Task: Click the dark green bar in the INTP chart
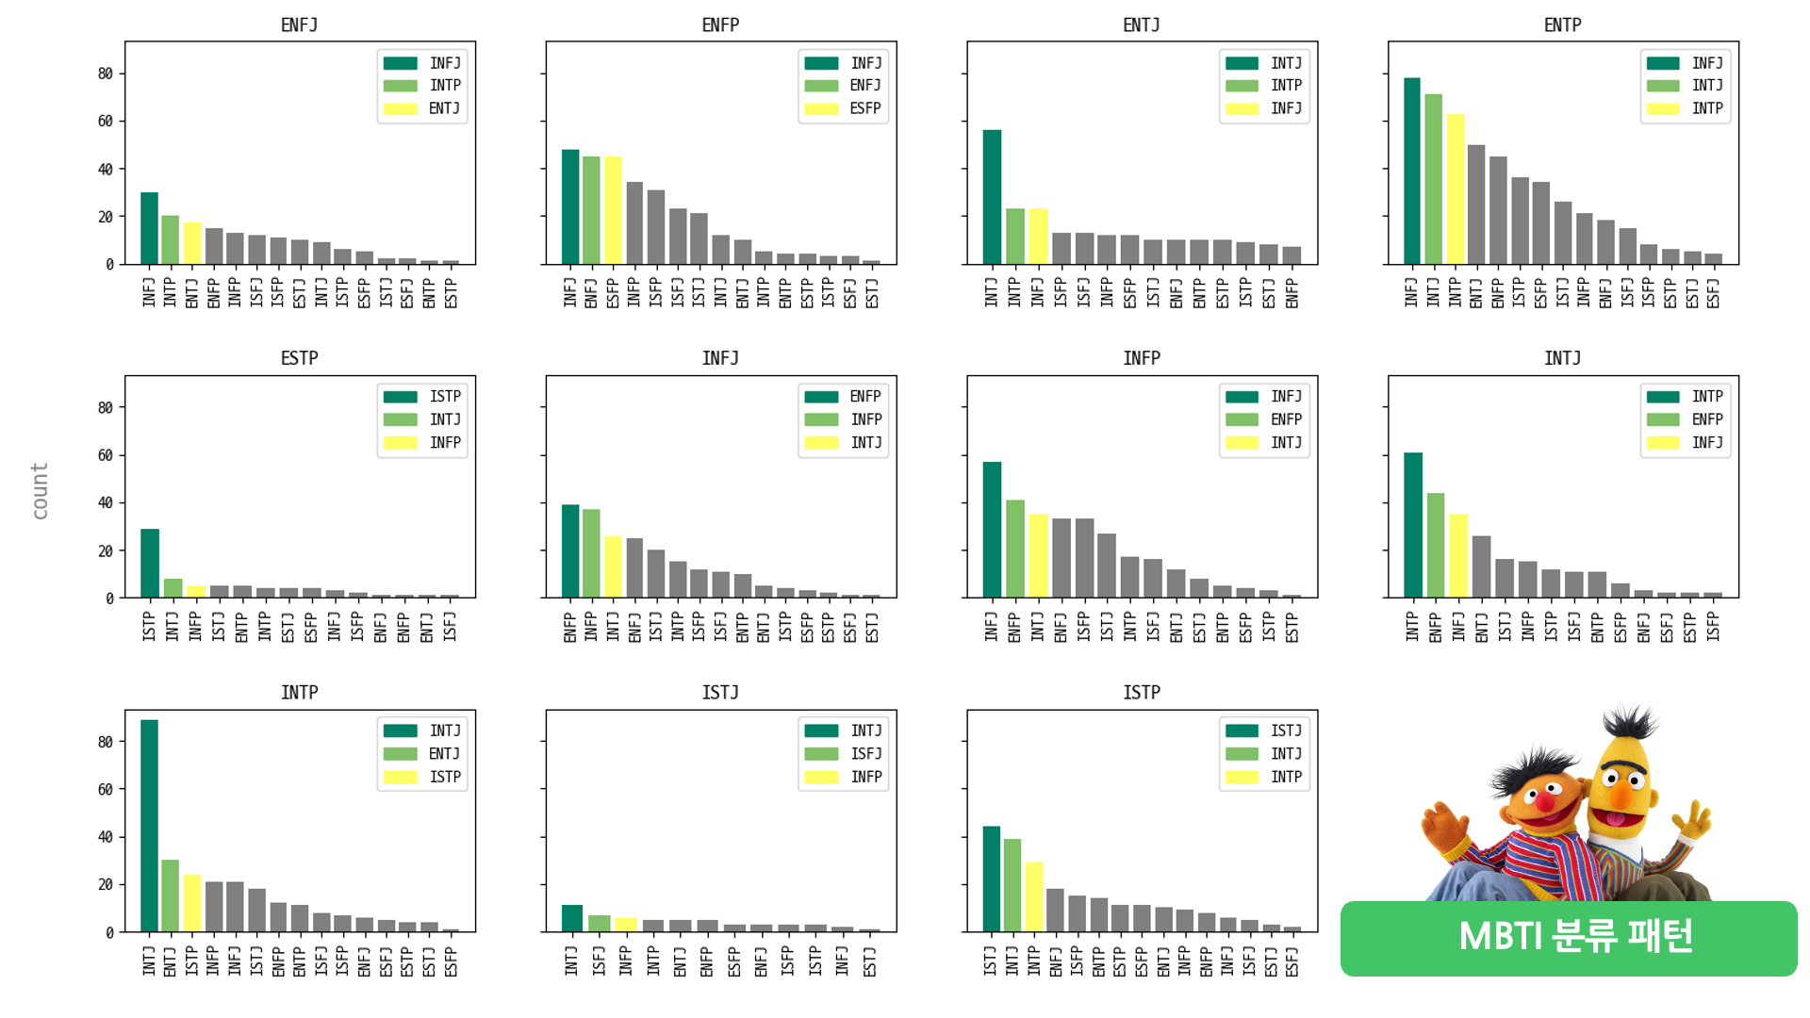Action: (x=149, y=826)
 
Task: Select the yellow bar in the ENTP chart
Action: (x=1455, y=189)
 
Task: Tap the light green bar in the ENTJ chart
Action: (x=1014, y=236)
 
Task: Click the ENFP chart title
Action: (x=720, y=25)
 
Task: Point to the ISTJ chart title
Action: (x=720, y=693)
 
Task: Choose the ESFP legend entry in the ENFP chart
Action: (x=864, y=108)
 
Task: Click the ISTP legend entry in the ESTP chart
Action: (x=444, y=397)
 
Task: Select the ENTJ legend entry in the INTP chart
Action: (x=444, y=754)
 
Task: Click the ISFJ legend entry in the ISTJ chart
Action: (x=864, y=754)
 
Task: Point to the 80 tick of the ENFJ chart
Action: (x=106, y=74)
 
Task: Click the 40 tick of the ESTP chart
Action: (x=106, y=503)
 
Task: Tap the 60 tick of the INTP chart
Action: (x=106, y=790)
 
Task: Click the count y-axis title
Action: (x=40, y=490)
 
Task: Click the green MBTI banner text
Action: (x=1574, y=937)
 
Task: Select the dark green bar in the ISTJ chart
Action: (x=571, y=918)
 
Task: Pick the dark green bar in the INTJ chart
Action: (x=1412, y=525)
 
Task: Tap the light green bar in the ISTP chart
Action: (x=1012, y=885)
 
